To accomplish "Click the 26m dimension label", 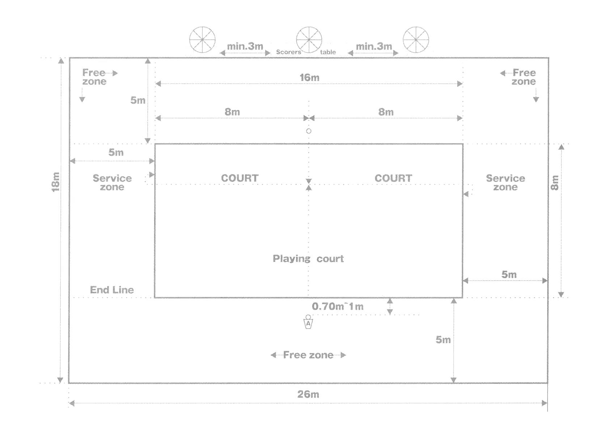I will tap(308, 394).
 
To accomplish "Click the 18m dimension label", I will tap(55, 182).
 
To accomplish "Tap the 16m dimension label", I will tap(309, 77).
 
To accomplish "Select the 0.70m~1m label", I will tap(337, 306).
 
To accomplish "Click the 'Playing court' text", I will tap(308, 259).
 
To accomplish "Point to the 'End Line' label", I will tap(112, 290).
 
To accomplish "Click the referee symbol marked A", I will tap(308, 322).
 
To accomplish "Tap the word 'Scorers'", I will tap(288, 52).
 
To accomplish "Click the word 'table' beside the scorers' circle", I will tap(328, 52).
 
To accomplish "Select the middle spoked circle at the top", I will tap(309, 39).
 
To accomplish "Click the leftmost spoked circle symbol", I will tap(202, 39).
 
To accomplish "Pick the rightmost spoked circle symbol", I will tap(416, 39).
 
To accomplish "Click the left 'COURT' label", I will tap(240, 178).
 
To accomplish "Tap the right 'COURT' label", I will tap(393, 178).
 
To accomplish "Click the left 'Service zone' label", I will tap(112, 182).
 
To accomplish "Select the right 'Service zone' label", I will tap(505, 182).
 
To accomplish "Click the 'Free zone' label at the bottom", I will tap(308, 355).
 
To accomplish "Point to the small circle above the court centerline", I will tap(309, 131).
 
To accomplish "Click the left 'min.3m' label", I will tap(245, 46).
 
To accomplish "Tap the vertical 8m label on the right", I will tap(554, 183).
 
